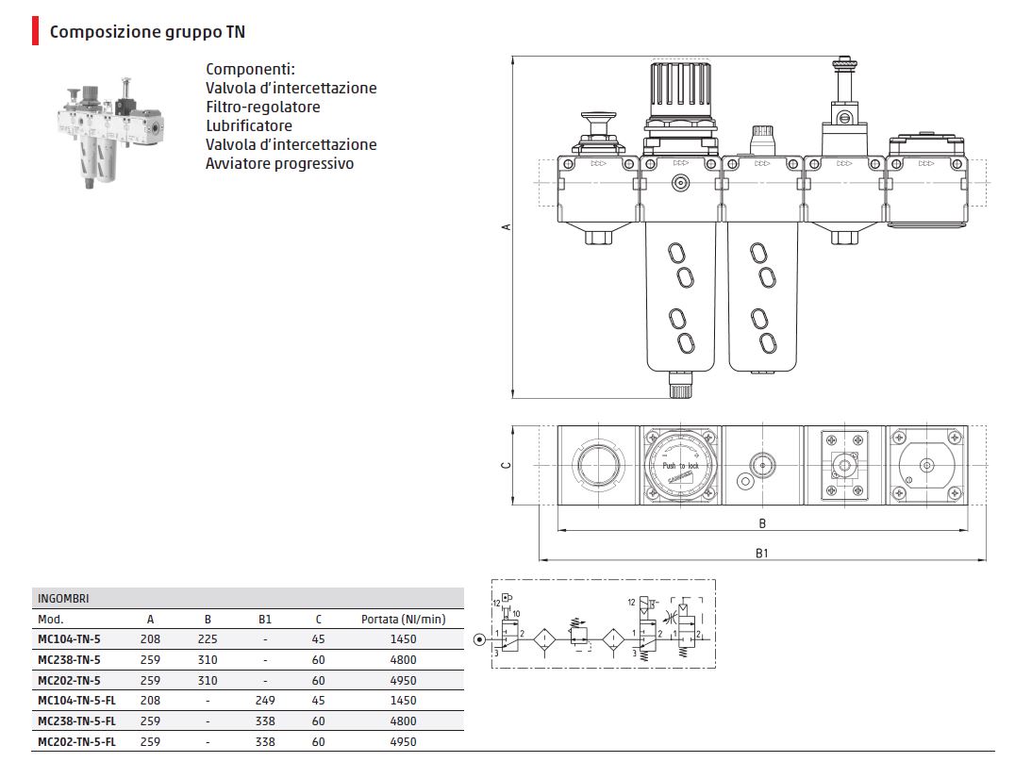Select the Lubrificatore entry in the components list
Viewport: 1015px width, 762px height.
(249, 125)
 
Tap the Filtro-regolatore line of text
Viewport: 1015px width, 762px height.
(262, 107)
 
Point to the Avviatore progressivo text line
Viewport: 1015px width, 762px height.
(279, 163)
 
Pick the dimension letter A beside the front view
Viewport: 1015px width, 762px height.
(506, 226)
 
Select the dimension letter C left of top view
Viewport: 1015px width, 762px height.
(506, 464)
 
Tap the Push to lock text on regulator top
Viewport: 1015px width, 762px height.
(680, 466)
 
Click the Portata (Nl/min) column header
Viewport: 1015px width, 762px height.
(403, 620)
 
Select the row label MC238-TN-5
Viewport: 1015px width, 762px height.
(68, 659)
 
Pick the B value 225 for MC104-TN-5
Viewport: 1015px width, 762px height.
(208, 638)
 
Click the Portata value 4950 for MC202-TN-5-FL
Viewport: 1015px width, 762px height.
(403, 741)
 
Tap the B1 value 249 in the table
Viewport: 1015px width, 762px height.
(264, 700)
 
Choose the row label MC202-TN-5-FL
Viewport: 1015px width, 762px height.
(76, 741)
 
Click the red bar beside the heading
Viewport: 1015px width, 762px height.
(35, 32)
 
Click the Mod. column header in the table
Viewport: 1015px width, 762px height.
(50, 620)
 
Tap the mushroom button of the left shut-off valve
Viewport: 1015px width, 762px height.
(596, 122)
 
